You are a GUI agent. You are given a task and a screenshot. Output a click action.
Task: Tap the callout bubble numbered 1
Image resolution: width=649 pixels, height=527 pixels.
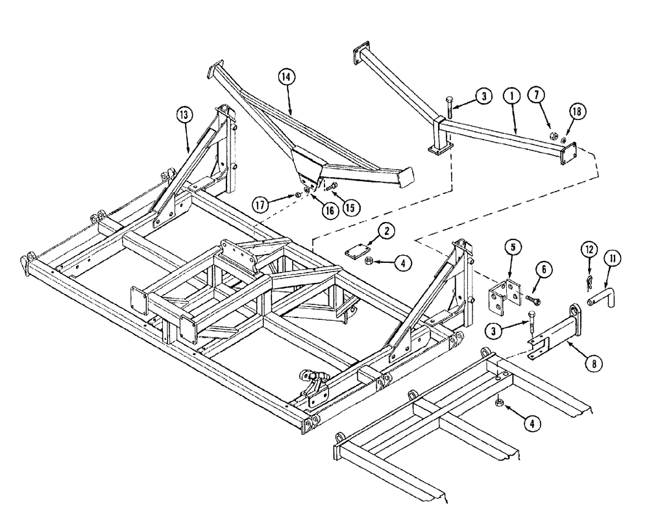coord(512,97)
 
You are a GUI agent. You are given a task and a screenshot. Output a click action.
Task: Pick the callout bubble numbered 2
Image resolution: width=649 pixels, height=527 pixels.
coord(385,231)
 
